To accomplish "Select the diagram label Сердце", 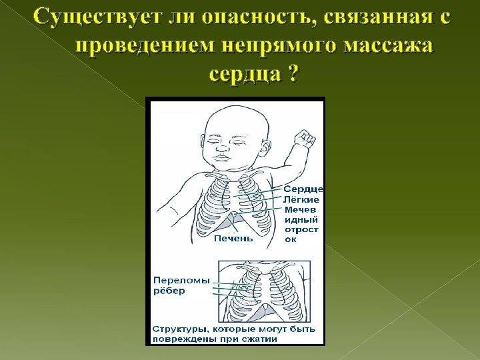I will pos(305,189).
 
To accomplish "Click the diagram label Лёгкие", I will pos(302,199).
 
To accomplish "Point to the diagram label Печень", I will pos(233,239).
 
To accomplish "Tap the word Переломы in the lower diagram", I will pos(181,280).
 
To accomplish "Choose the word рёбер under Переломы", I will pos(169,291).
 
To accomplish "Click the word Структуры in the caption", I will pos(181,329).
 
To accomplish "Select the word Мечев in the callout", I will pos(301,209).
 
